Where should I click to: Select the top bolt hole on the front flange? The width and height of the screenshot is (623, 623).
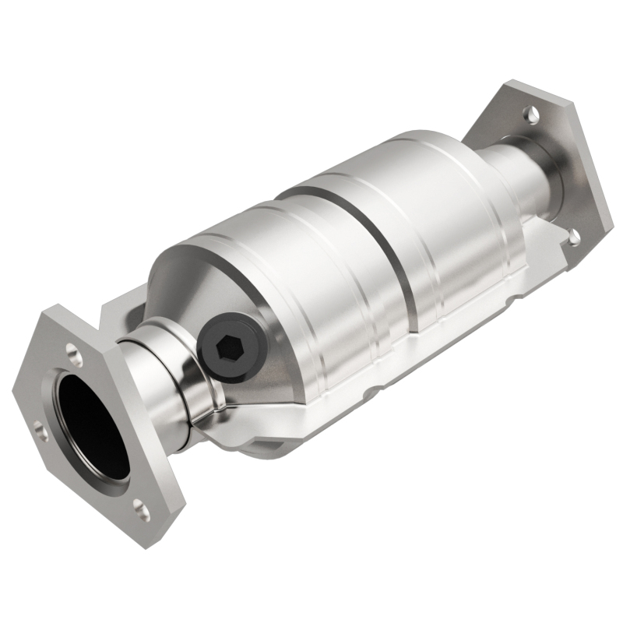point(75,357)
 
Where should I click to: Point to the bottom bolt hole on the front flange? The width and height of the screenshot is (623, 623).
point(141,510)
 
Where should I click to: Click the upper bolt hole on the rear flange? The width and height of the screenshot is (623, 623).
point(530,114)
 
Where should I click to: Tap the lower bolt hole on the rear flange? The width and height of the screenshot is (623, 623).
point(574,236)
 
